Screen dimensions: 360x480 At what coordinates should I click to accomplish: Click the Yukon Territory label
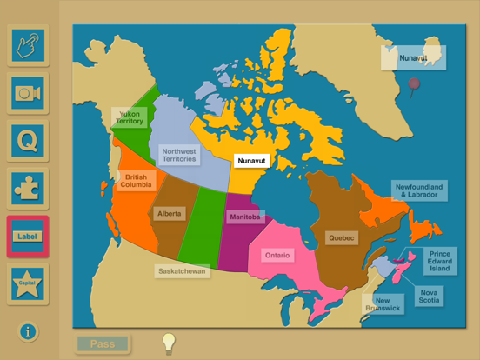click(130, 117)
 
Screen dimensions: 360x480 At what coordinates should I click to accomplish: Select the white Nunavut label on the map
click(251, 161)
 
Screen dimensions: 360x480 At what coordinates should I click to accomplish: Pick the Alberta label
click(169, 213)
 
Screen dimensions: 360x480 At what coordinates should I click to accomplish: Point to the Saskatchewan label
click(183, 271)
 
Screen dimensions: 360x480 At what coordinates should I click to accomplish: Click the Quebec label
click(340, 237)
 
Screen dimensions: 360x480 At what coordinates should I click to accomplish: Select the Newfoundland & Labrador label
click(418, 190)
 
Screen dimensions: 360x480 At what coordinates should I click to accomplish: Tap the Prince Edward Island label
click(439, 261)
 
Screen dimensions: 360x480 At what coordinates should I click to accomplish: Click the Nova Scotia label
click(429, 297)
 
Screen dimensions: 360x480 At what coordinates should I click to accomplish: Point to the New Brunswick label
click(382, 303)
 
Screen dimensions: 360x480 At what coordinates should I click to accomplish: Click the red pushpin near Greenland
click(415, 84)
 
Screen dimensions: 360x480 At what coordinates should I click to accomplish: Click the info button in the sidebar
click(28, 331)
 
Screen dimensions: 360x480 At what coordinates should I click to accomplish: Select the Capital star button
click(28, 283)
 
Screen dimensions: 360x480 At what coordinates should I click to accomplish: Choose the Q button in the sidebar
click(28, 141)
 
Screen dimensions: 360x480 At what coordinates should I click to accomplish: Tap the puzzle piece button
click(28, 188)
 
